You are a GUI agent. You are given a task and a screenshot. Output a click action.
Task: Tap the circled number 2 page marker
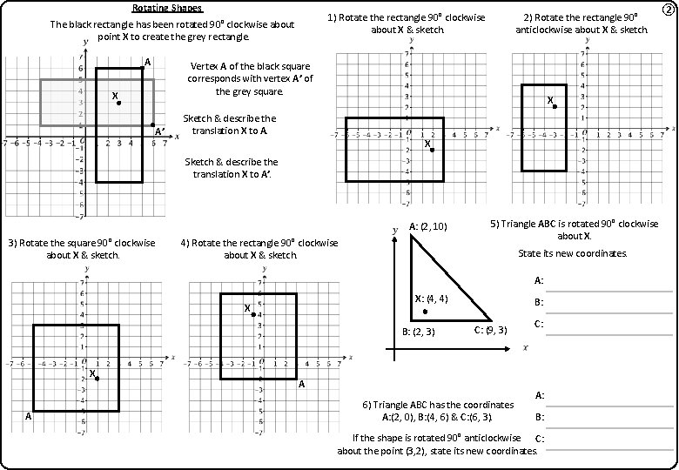click(668, 10)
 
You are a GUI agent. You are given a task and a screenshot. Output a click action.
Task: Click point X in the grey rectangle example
click(119, 103)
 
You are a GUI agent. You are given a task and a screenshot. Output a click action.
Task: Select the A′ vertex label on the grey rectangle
click(160, 131)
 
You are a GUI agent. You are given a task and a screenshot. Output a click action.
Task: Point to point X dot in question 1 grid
click(432, 150)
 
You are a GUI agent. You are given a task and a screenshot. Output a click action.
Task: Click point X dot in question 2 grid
click(555, 106)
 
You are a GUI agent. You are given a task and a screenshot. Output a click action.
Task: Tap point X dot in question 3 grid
click(97, 379)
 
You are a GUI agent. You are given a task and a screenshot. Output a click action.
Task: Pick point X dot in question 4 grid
click(253, 314)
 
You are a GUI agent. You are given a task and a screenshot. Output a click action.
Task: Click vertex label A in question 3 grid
click(28, 417)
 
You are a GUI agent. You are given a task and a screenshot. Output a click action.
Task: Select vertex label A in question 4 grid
click(302, 384)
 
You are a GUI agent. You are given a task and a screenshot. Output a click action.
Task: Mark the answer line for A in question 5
click(609, 290)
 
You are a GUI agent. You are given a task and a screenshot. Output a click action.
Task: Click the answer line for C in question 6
click(609, 447)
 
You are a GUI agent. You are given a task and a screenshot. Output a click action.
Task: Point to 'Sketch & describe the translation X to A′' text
click(232, 168)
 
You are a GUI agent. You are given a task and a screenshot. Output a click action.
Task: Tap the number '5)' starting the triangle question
click(495, 224)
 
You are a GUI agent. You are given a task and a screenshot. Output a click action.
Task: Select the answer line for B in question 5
click(609, 312)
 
